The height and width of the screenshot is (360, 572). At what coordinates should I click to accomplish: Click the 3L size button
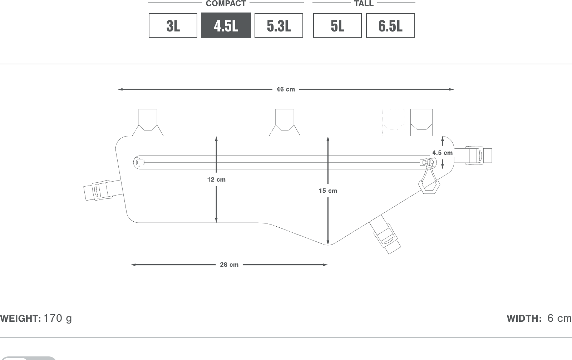pyautogui.click(x=173, y=25)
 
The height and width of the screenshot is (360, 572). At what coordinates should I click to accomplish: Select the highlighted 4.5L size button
pyautogui.click(x=226, y=25)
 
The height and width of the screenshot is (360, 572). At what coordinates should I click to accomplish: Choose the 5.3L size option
pyautogui.click(x=278, y=25)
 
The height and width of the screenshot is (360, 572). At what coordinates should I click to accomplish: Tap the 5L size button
pyautogui.click(x=337, y=25)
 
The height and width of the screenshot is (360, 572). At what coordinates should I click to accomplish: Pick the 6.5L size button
pyautogui.click(x=390, y=25)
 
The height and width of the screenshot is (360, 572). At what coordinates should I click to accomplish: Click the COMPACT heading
pyautogui.click(x=226, y=3)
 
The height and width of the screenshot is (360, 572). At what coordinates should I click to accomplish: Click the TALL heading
pyautogui.click(x=364, y=3)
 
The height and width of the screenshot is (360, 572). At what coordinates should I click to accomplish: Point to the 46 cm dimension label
pyautogui.click(x=286, y=89)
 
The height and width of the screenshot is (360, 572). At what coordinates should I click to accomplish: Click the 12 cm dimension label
pyautogui.click(x=216, y=179)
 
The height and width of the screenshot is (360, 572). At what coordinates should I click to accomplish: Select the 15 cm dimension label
pyautogui.click(x=328, y=191)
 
